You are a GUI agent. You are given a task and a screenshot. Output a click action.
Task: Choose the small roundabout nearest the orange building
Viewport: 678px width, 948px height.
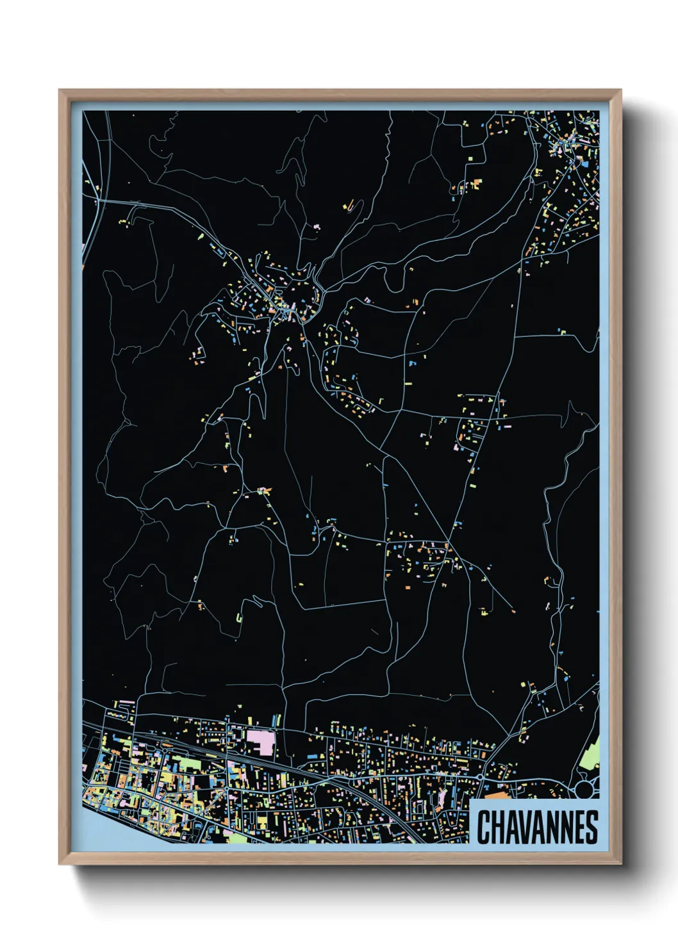tap(481, 776)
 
